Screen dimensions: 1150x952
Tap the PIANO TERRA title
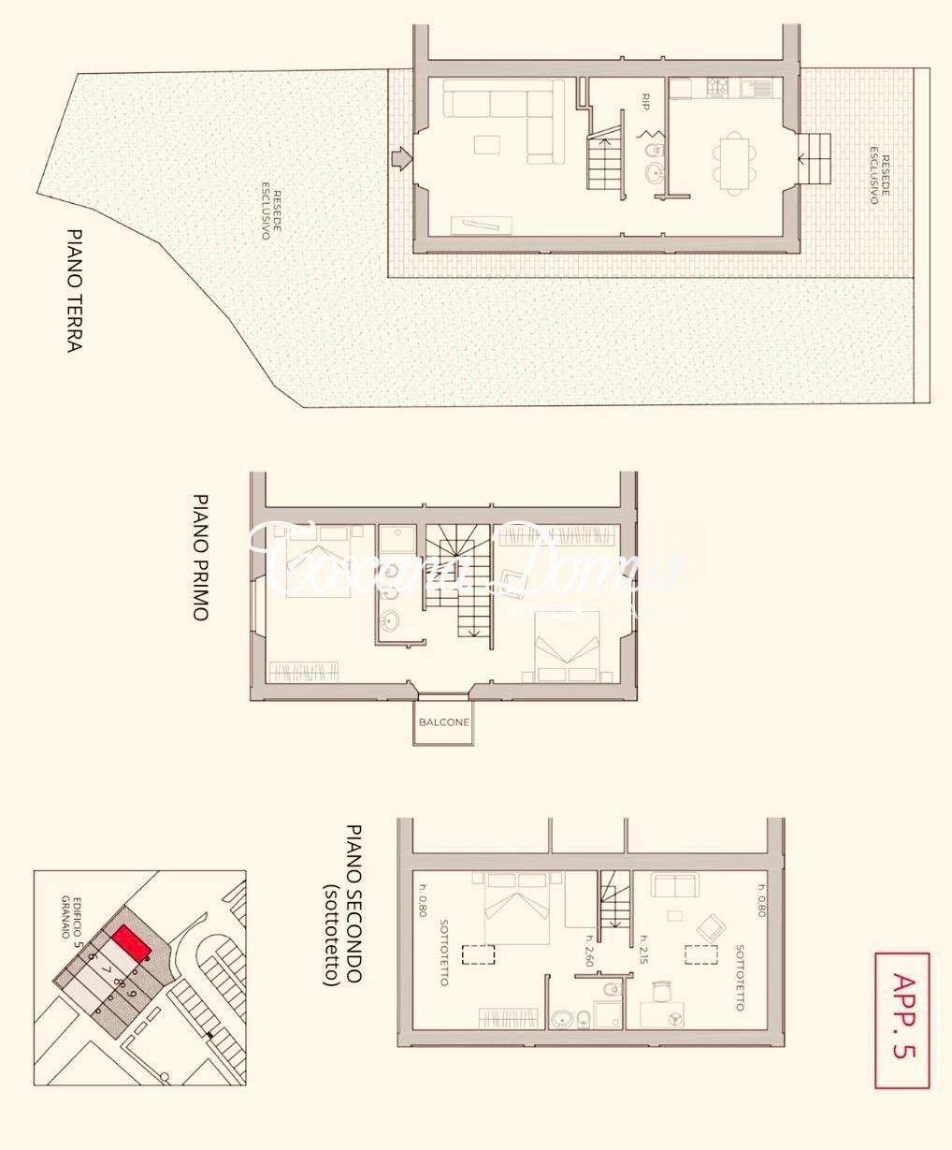[75, 290]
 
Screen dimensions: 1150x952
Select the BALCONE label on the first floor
[443, 722]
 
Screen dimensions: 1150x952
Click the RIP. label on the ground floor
[646, 102]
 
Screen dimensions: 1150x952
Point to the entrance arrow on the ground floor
[400, 158]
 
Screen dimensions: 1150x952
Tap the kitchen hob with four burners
[717, 87]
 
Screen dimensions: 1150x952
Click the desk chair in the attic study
[662, 990]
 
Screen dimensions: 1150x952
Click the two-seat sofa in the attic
[673, 885]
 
